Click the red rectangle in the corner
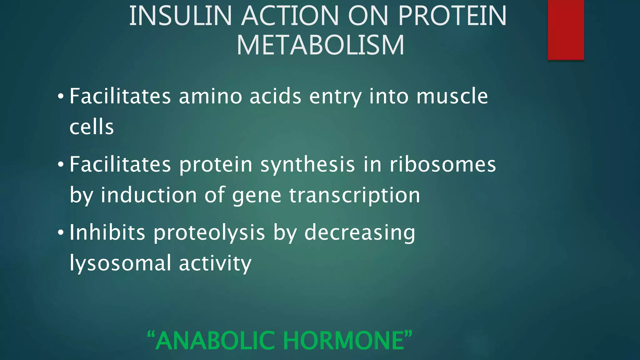pos(566,29)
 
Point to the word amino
pos(210,96)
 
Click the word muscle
pos(452,96)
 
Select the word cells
pos(92,127)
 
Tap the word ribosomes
pos(442,165)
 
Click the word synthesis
pos(307,165)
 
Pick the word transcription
pos(354,195)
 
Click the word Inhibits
pos(107,232)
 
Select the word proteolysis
pos(209,233)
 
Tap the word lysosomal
pos(120,263)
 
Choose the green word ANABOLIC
pos(215,341)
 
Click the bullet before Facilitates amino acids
pos(61,96)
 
